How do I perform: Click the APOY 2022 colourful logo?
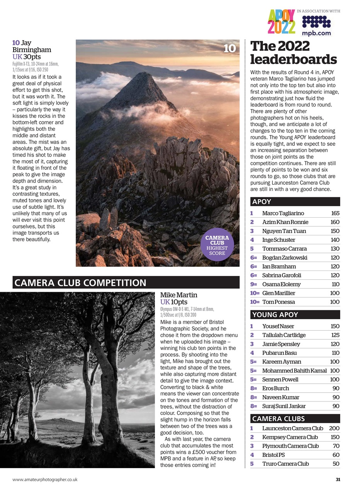(282, 22)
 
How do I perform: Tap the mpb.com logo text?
(316, 33)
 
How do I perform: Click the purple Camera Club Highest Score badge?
(217, 245)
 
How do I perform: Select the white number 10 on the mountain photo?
(229, 49)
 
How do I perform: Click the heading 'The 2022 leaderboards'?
(293, 53)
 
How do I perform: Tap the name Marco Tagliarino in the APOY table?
(283, 213)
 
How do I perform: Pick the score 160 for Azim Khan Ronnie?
(335, 222)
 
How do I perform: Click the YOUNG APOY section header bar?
(295, 315)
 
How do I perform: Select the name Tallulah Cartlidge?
(284, 335)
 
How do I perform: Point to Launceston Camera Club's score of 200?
(334, 428)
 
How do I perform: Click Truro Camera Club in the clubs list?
(285, 464)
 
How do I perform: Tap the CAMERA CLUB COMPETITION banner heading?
(80, 283)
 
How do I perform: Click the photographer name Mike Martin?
(178, 295)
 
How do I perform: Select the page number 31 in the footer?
(338, 480)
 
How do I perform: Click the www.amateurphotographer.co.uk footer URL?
(45, 480)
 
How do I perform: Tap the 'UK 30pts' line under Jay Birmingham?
(26, 57)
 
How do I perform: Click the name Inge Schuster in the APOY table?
(278, 240)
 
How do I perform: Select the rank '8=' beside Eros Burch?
(253, 388)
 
